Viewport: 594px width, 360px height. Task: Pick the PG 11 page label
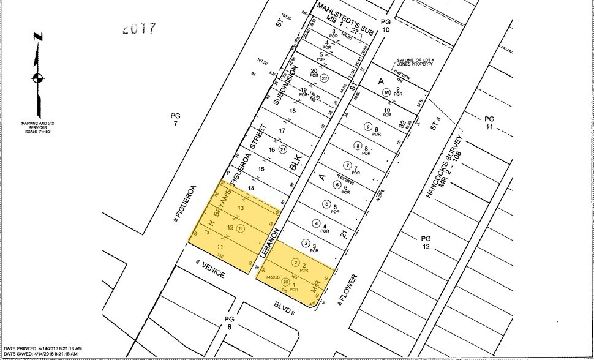489,122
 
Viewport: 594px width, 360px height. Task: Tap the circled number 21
283,149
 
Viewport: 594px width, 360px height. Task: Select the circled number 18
386,92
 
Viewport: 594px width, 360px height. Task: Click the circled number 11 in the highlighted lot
241,228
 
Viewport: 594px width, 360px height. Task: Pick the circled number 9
368,127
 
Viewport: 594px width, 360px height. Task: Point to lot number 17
282,130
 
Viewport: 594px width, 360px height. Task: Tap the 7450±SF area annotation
274,277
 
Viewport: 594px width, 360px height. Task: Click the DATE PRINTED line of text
42,347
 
